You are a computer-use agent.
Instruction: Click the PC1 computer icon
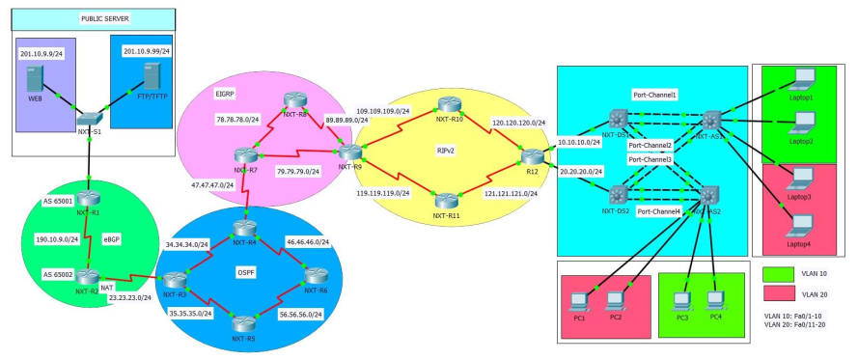point(579,301)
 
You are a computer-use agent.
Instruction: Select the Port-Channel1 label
point(654,96)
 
